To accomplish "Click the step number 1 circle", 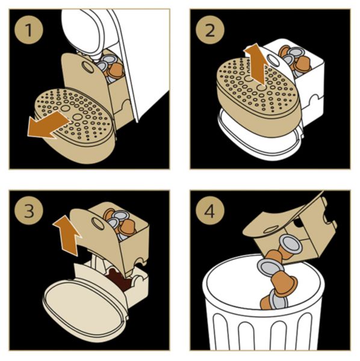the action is pyautogui.click(x=29, y=30).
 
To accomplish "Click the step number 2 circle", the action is pyautogui.click(x=210, y=30).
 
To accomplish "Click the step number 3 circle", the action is pyautogui.click(x=29, y=211).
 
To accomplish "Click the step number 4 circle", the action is pyautogui.click(x=210, y=211).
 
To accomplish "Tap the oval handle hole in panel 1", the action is pyautogui.click(x=87, y=66).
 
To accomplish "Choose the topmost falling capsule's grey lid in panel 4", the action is pyautogui.click(x=291, y=244).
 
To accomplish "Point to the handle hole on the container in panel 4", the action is pyautogui.click(x=272, y=229).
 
